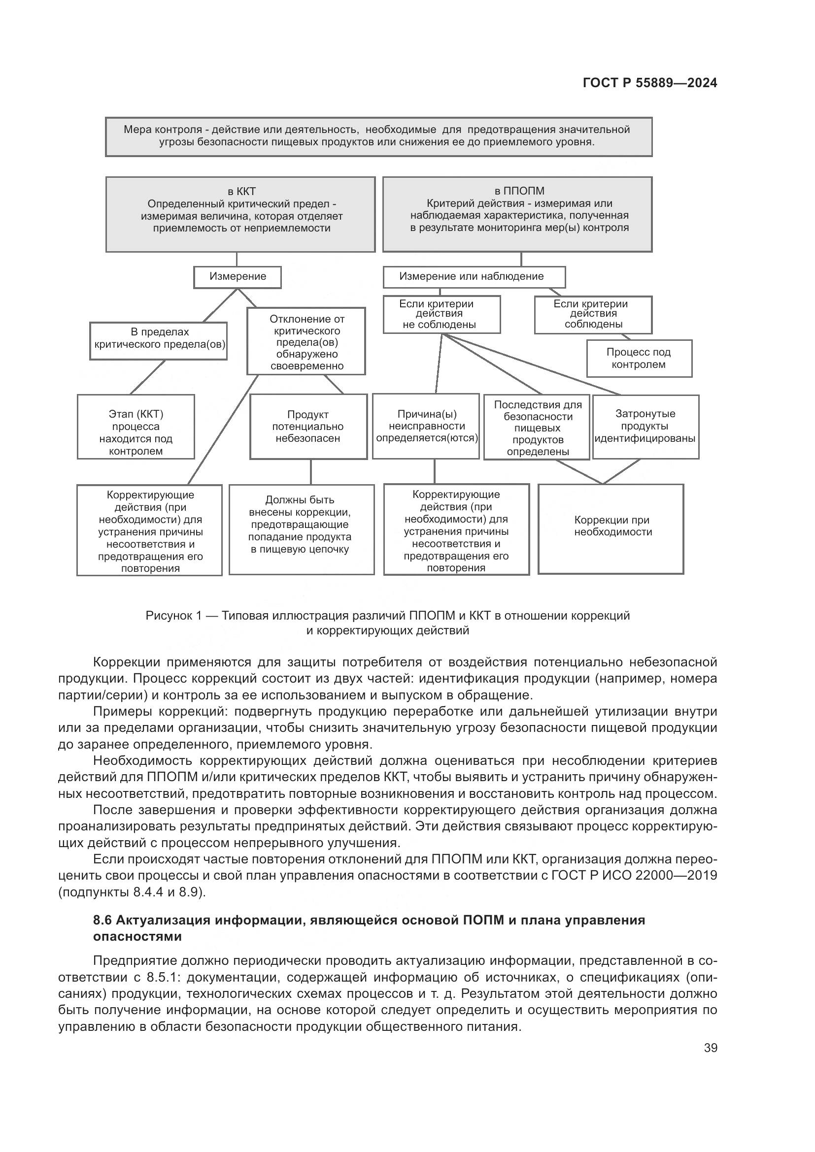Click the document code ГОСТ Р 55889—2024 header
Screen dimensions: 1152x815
click(650, 83)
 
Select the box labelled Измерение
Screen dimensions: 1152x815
click(238, 277)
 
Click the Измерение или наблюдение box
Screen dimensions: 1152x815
click(474, 276)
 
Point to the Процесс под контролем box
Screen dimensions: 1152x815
click(639, 358)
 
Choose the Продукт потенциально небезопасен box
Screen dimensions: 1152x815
click(308, 427)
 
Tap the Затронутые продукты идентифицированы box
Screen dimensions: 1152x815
click(645, 427)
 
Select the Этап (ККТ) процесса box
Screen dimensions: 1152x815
click(136, 427)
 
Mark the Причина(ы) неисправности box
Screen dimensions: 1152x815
click(426, 426)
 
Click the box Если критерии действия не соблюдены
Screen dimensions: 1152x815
click(441, 315)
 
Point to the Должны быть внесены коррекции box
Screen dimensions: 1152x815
click(301, 529)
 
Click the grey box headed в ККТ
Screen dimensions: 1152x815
click(240, 214)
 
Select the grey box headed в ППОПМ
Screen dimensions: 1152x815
click(517, 214)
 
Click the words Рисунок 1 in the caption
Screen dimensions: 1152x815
click(173, 615)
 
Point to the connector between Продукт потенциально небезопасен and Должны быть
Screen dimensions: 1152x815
click(310, 472)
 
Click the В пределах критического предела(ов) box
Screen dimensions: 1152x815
click(158, 341)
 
